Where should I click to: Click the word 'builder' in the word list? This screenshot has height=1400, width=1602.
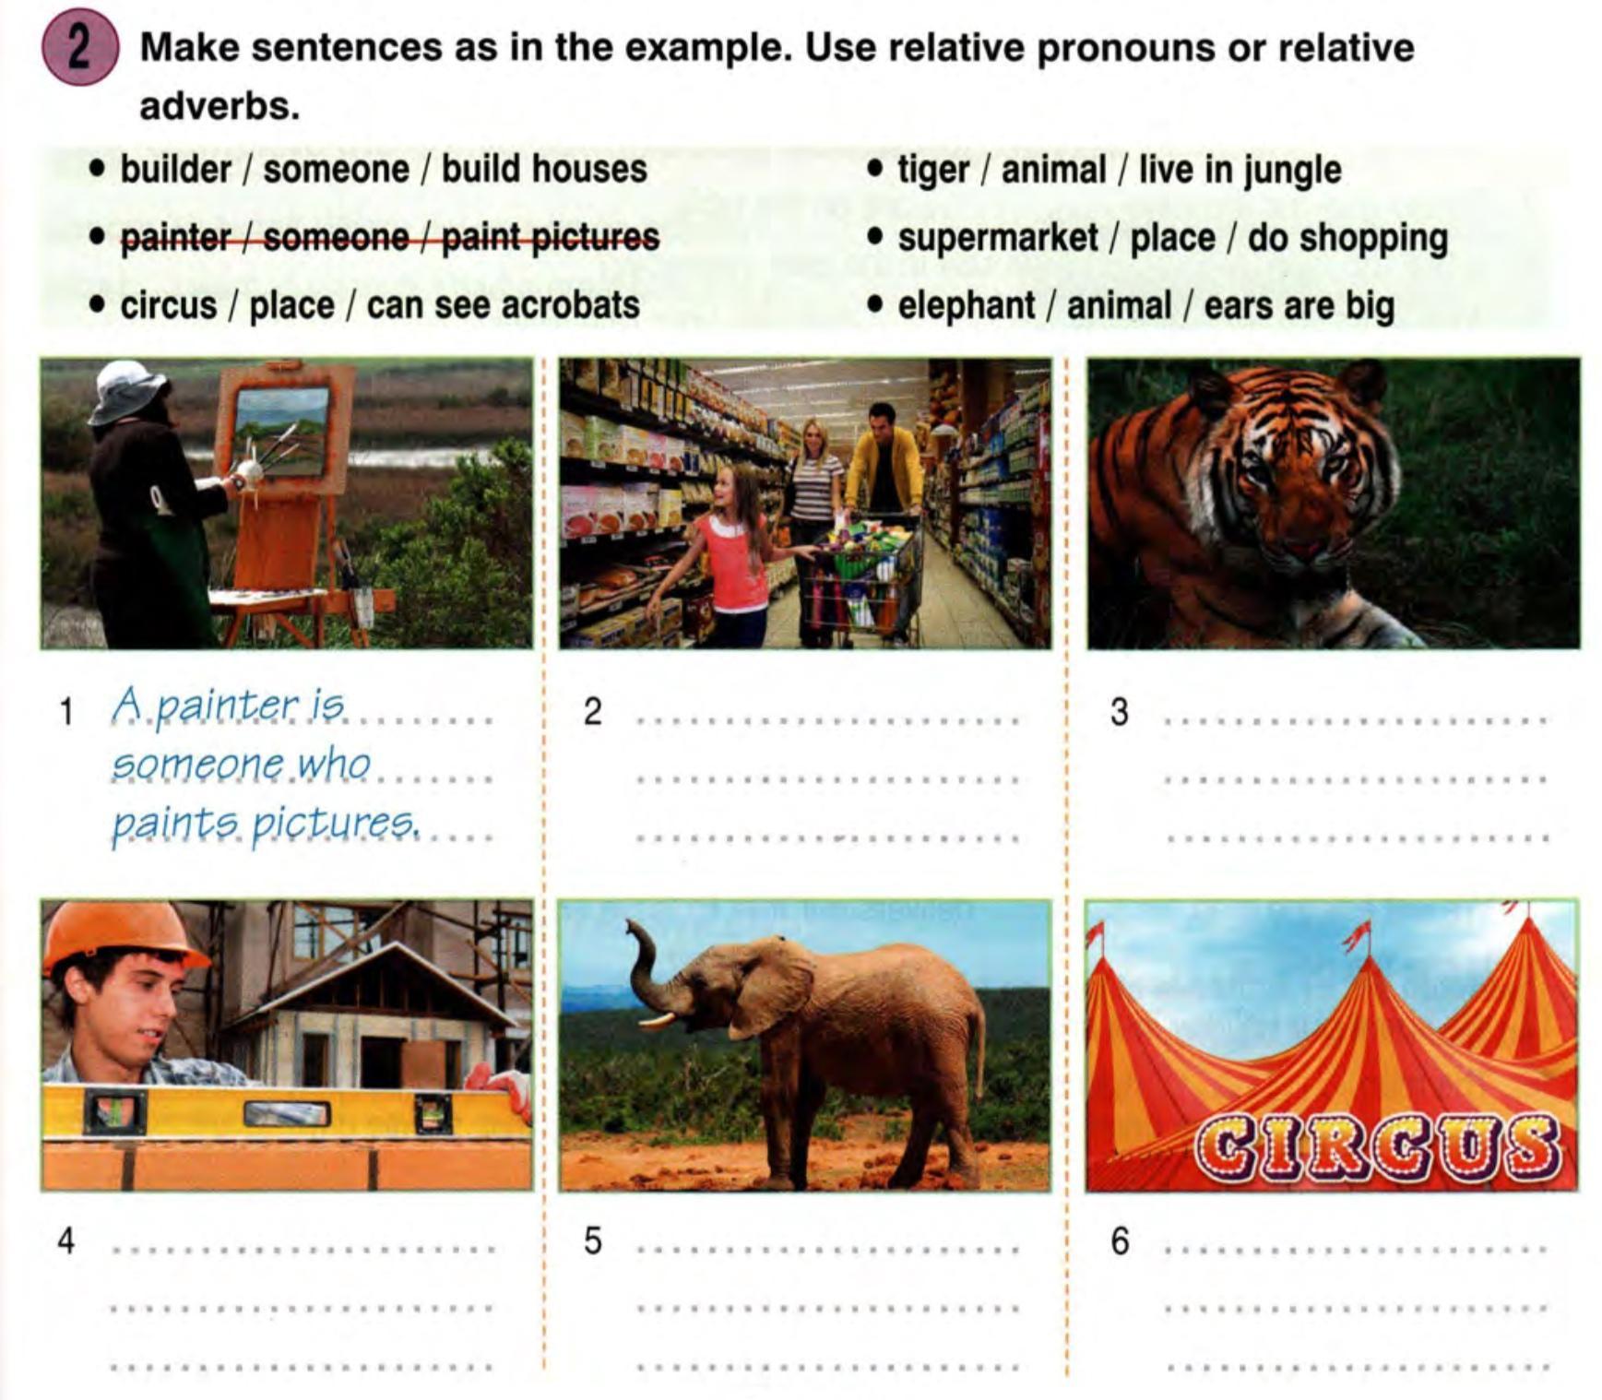click(175, 170)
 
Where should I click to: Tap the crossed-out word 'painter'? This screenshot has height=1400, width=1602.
click(174, 238)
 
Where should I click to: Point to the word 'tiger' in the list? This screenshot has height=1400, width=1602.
click(933, 171)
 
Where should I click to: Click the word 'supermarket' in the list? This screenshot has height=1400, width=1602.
click(997, 238)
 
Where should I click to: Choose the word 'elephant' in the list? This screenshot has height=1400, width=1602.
click(966, 305)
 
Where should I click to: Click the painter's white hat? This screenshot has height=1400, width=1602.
click(126, 392)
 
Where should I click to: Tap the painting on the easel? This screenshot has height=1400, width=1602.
click(281, 431)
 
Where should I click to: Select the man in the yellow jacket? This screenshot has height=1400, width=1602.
click(883, 470)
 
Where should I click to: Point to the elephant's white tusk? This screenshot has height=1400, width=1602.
click(658, 1020)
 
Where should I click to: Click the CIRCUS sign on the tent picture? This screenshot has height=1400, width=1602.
click(1378, 1147)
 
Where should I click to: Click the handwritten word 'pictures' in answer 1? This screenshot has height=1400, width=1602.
click(335, 824)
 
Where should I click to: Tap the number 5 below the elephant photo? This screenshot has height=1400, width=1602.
click(592, 1241)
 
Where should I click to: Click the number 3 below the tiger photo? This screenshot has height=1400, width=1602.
click(1119, 712)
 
